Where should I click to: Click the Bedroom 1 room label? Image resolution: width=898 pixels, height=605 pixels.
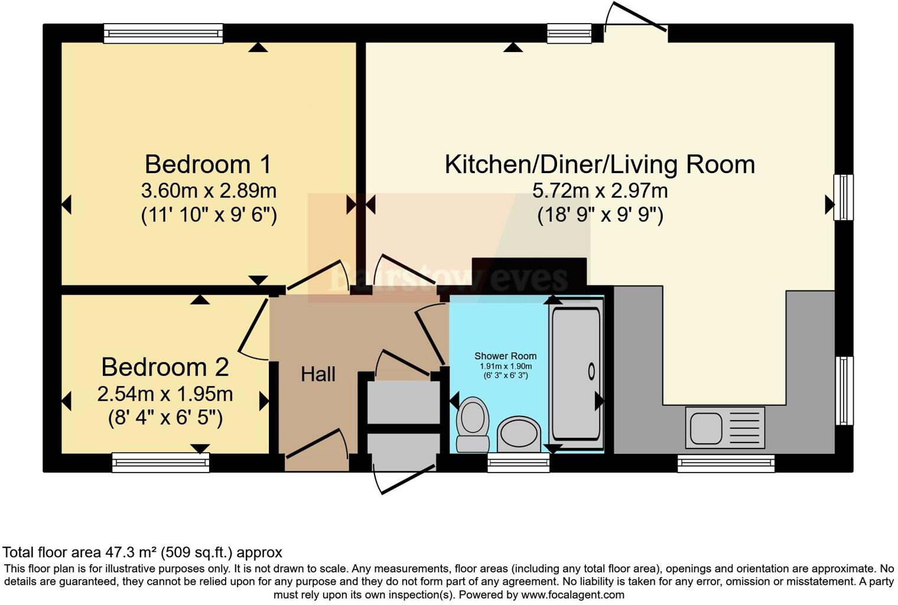tap(208, 164)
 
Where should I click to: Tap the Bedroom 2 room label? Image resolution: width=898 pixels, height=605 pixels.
tap(165, 367)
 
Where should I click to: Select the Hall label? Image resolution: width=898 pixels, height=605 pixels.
tap(318, 374)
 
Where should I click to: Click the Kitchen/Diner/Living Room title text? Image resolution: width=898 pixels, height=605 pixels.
tap(600, 164)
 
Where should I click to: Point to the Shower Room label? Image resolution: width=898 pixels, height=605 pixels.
tap(505, 356)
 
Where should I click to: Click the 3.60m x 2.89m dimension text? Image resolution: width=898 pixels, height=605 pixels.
tap(209, 191)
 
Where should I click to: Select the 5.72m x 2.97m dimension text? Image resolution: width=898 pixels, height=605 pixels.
tap(600, 191)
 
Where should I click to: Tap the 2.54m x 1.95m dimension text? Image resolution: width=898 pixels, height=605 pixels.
tap(165, 393)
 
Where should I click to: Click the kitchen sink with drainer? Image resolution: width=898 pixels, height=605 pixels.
tap(725, 427)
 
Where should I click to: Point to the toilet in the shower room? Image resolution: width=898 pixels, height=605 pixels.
tap(473, 424)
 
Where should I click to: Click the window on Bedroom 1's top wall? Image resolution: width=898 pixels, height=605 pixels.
tap(163, 34)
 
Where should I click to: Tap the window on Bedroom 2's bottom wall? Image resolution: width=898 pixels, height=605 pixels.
tap(161, 463)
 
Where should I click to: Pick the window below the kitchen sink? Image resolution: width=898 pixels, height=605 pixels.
tap(725, 463)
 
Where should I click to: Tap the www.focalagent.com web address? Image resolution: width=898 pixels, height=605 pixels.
tap(572, 594)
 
